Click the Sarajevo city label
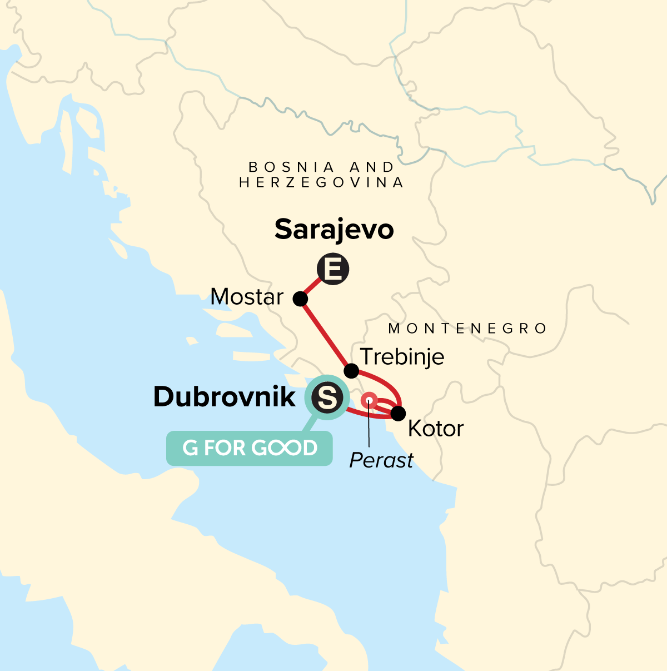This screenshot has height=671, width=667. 334,229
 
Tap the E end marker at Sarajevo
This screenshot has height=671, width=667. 333,270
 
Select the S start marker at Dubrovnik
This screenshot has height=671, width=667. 326,397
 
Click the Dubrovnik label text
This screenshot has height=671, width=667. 225,397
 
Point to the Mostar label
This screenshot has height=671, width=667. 247,297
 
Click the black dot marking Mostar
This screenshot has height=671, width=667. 300,299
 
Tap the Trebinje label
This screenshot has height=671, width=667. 402,356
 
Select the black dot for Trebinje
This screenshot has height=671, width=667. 351,370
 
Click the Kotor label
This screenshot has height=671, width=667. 435,429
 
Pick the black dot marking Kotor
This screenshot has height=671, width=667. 398,414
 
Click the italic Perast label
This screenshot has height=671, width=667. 381,460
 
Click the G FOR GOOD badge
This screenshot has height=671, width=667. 250,448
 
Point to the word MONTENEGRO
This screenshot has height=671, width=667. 467,329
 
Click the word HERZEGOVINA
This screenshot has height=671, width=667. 321,182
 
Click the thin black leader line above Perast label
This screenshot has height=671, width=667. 370,428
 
